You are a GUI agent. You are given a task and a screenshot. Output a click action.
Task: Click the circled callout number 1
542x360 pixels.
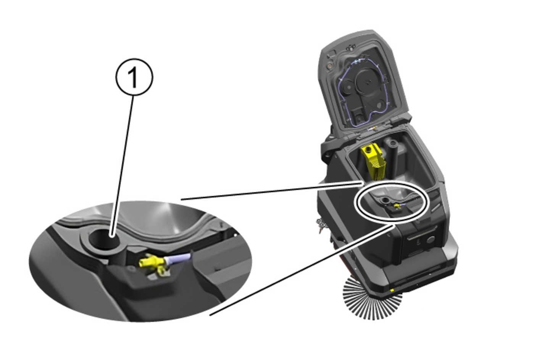[134, 77]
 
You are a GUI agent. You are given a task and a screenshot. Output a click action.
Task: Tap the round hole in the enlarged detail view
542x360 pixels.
[104, 239]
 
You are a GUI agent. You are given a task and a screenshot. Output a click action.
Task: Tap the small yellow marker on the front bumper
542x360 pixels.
[392, 290]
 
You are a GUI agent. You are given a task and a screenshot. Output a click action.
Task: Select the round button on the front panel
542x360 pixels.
[431, 240]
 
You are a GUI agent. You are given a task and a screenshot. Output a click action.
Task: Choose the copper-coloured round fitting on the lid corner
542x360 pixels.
[329, 66]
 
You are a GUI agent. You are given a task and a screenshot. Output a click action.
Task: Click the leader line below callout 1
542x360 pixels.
[122, 166]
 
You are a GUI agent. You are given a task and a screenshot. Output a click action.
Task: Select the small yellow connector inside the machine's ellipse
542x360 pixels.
[397, 206]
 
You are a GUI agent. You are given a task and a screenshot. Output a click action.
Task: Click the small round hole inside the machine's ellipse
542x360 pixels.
[384, 200]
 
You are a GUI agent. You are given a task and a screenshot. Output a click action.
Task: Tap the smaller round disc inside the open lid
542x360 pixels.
[347, 87]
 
